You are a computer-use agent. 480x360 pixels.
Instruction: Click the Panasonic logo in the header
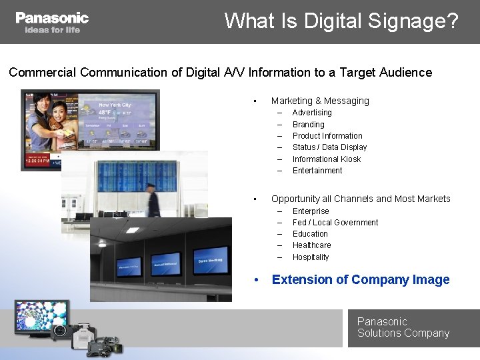[52, 18]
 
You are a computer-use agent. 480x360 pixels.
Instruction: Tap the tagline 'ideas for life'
[52, 30]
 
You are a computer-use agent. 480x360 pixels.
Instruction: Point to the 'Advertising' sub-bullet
[312, 113]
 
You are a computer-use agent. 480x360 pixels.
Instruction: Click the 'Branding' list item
[308, 125]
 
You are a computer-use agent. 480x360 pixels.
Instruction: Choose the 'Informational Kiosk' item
[327, 159]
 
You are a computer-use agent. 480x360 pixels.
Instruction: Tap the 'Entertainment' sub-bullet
[317, 171]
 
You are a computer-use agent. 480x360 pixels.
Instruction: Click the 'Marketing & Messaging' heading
[320, 101]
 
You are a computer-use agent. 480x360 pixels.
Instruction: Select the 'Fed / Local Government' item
[335, 223]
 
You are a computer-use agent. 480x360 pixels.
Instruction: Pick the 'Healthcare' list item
[311, 245]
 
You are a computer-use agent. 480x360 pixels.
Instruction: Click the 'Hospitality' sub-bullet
[311, 257]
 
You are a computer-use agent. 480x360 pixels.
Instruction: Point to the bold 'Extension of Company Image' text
[361, 280]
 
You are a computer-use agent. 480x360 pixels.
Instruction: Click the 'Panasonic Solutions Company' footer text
[403, 327]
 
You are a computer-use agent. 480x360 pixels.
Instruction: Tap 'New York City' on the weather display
[115, 105]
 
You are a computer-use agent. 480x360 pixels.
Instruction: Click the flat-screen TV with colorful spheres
[42, 317]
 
